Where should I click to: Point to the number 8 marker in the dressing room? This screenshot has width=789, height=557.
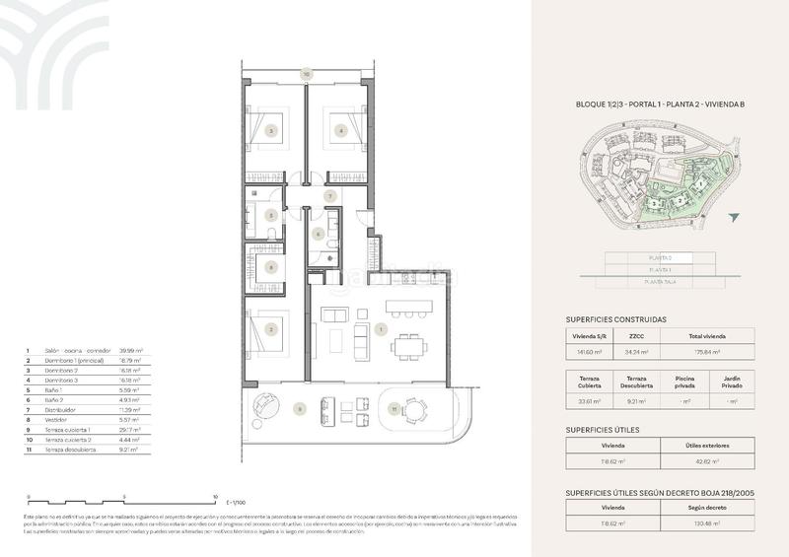click(271, 267)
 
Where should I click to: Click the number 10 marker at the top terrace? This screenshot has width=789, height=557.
click(307, 74)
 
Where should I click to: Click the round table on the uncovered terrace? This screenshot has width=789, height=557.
click(417, 409)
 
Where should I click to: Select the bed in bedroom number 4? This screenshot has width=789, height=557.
click(342, 128)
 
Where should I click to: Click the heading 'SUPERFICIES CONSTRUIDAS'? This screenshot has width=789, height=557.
click(616, 319)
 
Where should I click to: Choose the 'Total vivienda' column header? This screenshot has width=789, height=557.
click(703, 335)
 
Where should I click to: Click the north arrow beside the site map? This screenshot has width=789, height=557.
click(732, 217)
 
